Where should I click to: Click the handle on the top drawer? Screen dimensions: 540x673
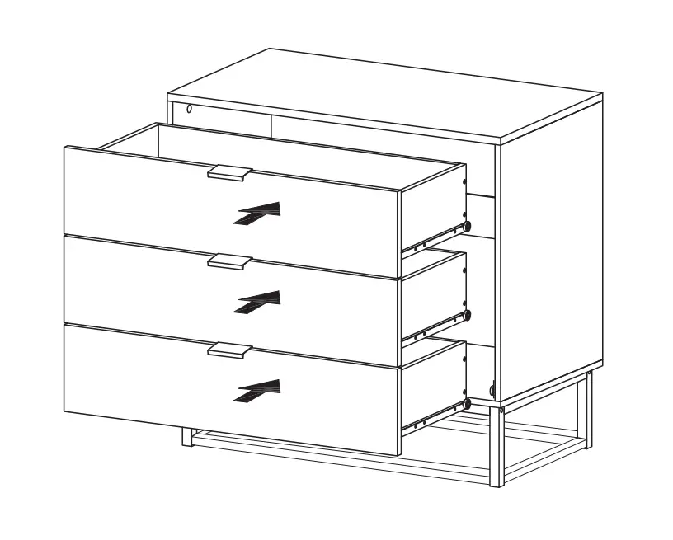click(229, 172)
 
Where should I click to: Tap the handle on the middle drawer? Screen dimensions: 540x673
click(229, 261)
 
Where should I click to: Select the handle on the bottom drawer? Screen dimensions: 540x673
click(229, 350)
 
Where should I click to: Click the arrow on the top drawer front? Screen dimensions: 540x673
click(258, 213)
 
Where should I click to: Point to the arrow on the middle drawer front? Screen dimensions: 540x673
click(258, 302)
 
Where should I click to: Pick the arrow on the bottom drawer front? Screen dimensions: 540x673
click(258, 391)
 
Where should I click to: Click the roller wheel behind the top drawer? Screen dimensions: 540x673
click(468, 225)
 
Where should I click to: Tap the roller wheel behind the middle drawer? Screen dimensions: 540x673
click(468, 315)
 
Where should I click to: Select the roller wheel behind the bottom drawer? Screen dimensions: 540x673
click(468, 403)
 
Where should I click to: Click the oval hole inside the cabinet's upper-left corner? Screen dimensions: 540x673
click(189, 109)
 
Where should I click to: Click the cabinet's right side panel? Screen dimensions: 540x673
click(550, 256)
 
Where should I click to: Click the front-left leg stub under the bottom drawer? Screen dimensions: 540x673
click(188, 436)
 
